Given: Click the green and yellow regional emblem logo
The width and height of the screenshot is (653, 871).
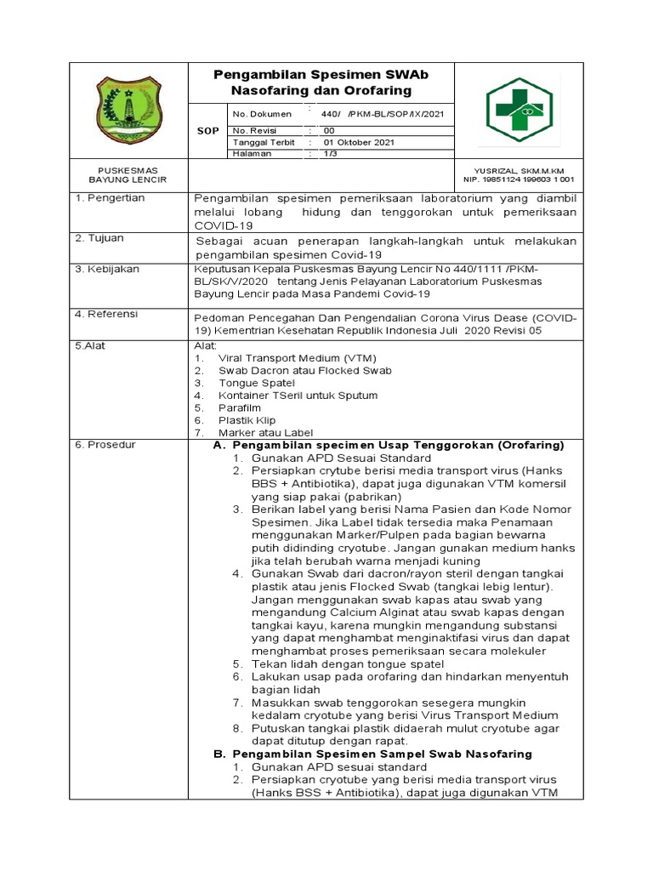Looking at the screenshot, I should point(128,110).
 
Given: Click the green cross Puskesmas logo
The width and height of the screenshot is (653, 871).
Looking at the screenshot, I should point(525,111).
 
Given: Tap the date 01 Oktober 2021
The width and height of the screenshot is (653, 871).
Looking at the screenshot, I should point(359,142).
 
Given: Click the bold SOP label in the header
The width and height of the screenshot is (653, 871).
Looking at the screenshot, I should point(207,131).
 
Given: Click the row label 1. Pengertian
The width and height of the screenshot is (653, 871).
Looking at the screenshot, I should point(110,197).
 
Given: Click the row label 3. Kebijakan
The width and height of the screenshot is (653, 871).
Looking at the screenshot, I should point(109,269).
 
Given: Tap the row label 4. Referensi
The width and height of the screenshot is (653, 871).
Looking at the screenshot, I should point(109,314).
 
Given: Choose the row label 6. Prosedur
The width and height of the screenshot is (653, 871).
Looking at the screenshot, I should point(106,445).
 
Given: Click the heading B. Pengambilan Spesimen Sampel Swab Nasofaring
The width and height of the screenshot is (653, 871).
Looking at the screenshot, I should point(372,754).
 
